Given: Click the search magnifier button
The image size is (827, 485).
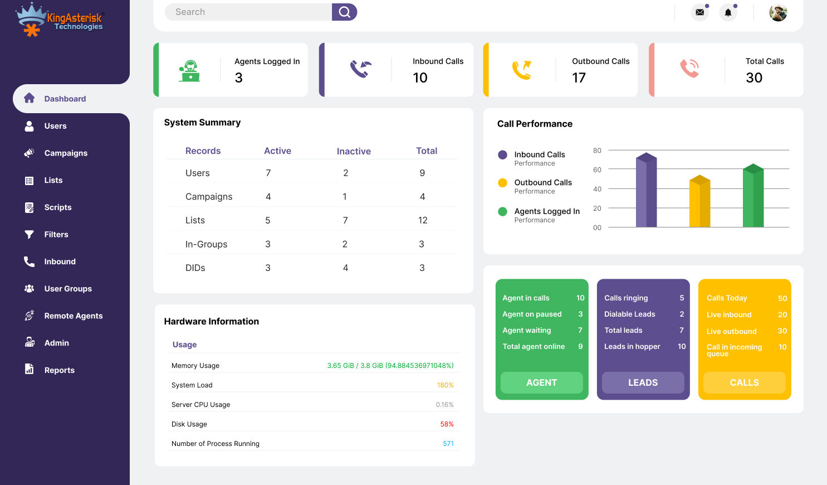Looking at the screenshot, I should point(344,12).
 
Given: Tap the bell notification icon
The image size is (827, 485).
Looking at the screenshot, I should point(728,12).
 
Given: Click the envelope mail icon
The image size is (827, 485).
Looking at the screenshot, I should point(699,12).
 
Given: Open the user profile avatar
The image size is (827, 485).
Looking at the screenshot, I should point(778,12).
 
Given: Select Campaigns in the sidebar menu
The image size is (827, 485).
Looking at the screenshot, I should point(66,153).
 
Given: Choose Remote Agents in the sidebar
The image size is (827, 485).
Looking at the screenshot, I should point(73,316).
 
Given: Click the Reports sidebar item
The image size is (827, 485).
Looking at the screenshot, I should point(59,370).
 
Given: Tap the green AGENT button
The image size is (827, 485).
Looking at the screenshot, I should point(541,382).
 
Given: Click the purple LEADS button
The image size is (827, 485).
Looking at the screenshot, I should point(643,382).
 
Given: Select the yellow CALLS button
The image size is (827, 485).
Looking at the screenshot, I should point(744,382).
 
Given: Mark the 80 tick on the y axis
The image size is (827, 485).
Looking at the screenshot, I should point(597,151).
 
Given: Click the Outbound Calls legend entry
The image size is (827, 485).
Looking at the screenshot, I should point(542,183).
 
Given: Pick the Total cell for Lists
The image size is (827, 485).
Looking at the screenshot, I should point(423,220).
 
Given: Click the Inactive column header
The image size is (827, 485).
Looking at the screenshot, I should point(354,151).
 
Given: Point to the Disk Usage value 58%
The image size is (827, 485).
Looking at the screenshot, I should point(447,424).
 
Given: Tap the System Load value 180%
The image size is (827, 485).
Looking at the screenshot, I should point(445,385).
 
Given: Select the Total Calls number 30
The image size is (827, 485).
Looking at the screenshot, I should point(754,77).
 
